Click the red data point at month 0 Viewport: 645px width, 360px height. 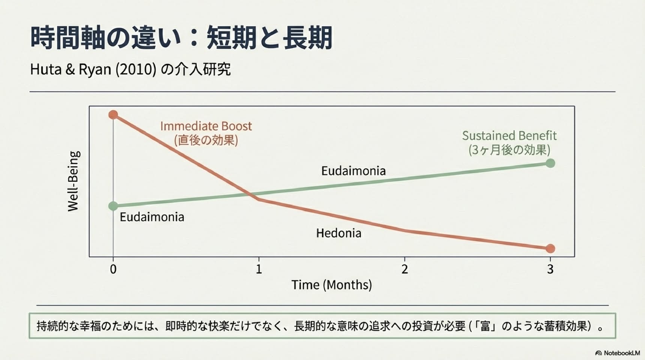coord(113,115)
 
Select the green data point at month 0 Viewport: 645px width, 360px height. coord(113,206)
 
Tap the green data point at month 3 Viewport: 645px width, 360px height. coord(550,163)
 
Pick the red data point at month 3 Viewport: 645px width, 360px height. coord(550,249)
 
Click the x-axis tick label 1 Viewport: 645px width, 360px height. coord(259,269)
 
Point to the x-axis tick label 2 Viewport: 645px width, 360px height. coord(405,269)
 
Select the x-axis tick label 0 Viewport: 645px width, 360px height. coord(113,269)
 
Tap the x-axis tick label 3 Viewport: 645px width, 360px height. coord(550,269)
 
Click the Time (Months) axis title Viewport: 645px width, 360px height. coord(332,285)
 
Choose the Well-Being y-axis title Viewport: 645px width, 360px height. coord(74,181)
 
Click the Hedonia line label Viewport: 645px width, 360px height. coord(339,233)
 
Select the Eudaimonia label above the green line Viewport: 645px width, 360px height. coord(354,171)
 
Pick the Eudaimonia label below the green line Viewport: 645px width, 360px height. coord(152,217)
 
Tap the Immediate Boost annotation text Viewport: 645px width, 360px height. coord(206,133)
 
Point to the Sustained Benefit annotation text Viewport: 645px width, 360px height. coord(509,143)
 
